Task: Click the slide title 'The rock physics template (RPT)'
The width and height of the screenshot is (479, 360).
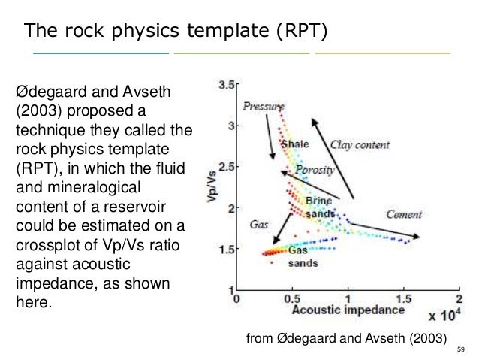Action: tap(175, 31)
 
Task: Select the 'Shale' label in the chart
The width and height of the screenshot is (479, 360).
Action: tap(294, 144)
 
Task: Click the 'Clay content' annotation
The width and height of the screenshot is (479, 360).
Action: tap(361, 141)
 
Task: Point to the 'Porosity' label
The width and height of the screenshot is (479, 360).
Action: tap(315, 170)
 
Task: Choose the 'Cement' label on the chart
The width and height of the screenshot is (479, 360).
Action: tap(404, 213)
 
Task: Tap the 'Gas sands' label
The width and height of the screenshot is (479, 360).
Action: tap(303, 257)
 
